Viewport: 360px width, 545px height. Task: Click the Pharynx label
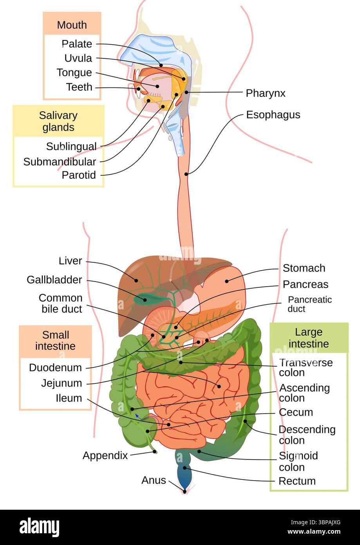coord(265,93)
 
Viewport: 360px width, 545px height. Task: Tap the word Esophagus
coord(273,115)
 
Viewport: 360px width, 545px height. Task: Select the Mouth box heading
coord(72,25)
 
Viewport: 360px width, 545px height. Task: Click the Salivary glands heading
coord(58,121)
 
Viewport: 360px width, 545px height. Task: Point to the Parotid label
coord(78,175)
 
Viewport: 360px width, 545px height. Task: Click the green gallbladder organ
coord(143,299)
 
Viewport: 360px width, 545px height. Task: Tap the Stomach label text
coord(304,268)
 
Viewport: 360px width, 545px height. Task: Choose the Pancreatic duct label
coord(309,304)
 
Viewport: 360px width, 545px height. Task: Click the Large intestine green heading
coord(309,338)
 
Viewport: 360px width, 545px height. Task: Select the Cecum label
coord(296,412)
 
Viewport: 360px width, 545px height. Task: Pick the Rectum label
coord(297,481)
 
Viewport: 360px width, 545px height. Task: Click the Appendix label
coord(105,456)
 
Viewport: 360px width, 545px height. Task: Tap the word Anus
coord(154,480)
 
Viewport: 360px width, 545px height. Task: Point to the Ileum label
coord(69,398)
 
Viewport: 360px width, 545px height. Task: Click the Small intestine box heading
coord(56,341)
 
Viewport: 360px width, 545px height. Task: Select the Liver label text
coord(70,261)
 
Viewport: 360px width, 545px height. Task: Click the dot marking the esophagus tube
coord(187,174)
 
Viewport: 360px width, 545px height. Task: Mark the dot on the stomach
coord(226,281)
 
